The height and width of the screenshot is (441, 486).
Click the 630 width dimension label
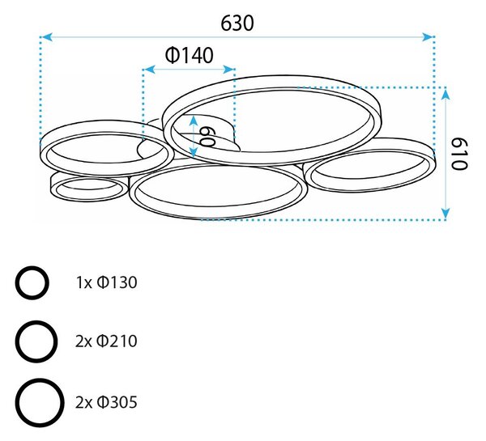tap(237, 23)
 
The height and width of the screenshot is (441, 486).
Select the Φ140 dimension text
tap(190, 56)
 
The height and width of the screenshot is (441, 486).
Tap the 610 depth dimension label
tap(458, 154)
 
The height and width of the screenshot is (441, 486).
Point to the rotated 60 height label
tap(207, 137)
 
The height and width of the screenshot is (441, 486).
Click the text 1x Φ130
tap(106, 282)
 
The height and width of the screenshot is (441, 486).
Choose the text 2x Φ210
tap(106, 341)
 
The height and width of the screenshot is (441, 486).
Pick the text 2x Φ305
tap(106, 402)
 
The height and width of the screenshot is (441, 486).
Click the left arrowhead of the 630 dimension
tap(46, 37)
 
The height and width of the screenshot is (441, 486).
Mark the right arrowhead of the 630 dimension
tap(428, 37)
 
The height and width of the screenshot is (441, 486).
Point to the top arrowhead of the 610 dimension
tap(446, 94)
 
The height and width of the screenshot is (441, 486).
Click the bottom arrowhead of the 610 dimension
tap(446, 214)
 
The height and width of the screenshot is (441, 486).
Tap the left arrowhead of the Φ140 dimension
tap(150, 69)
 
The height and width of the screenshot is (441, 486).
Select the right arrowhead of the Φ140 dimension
tap(228, 69)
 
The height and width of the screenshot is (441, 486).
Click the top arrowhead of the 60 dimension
tap(194, 120)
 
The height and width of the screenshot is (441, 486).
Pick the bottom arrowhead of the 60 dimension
tap(194, 153)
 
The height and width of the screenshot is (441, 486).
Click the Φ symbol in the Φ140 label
tap(172, 56)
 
